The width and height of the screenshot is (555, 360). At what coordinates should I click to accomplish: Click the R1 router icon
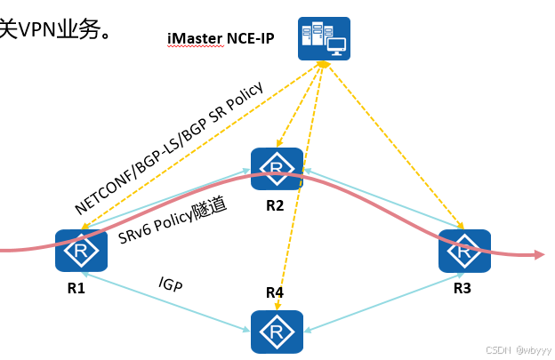pos(81,251)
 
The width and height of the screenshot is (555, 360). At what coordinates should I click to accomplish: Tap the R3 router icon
pos(464,251)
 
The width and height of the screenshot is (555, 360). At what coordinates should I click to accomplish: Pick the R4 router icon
pos(277,332)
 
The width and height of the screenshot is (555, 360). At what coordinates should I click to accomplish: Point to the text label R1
pos(76,288)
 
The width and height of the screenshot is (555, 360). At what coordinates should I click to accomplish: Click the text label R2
pos(275,206)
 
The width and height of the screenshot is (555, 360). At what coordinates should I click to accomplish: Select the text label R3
pos(462,288)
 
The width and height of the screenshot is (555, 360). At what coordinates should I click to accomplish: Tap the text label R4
pos(275,292)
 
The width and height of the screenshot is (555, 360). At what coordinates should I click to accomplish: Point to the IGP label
pos(171,284)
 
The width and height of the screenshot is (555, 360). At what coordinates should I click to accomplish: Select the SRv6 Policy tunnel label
pos(173,220)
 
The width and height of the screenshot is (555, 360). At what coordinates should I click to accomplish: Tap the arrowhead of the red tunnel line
pos(538,255)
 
